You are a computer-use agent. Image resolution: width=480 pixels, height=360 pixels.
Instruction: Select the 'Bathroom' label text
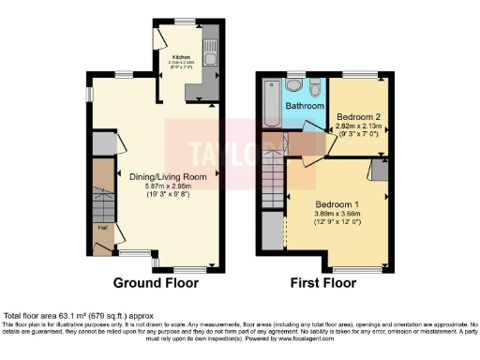click(x=304, y=106)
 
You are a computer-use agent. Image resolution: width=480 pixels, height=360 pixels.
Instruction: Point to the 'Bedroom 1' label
click(x=337, y=203)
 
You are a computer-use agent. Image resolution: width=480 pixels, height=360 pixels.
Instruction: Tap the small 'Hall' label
click(x=100, y=225)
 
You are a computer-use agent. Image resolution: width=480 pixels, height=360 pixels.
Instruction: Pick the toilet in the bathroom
click(x=315, y=89)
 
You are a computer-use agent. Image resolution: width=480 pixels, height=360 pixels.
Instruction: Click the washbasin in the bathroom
click(x=294, y=85)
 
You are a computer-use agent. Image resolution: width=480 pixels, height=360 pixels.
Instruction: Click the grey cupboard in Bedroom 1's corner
click(x=382, y=169)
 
